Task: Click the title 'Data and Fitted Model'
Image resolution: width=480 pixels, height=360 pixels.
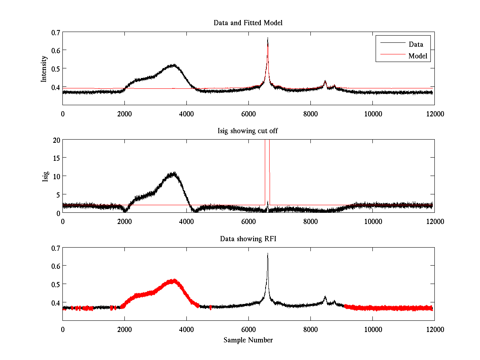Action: pos(248,23)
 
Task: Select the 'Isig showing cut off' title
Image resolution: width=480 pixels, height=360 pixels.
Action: pos(248,131)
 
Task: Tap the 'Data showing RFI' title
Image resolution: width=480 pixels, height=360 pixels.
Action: pos(248,239)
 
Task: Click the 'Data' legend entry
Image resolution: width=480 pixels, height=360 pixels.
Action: pos(416,44)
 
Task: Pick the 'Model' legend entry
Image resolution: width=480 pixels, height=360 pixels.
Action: pos(418,56)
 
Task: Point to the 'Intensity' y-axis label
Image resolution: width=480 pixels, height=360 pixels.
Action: pos(44,68)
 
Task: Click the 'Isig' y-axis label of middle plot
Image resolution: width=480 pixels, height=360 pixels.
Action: pos(45,176)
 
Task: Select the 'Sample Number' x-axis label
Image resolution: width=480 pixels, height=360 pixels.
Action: pos(248,340)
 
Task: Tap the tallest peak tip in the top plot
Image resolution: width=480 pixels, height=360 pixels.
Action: pos(268,38)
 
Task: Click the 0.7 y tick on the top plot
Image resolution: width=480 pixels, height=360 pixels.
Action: pos(56,32)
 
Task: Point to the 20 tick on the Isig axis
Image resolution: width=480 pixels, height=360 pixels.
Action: pos(56,140)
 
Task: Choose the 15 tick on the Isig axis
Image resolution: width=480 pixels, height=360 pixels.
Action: pos(56,158)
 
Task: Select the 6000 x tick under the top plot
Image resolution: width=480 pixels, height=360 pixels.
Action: pos(248,114)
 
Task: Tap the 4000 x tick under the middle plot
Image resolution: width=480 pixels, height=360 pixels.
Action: pos(186,222)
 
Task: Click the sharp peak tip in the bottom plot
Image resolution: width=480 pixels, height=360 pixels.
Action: pos(268,253)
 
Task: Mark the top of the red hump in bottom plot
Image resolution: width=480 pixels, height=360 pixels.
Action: pos(173,280)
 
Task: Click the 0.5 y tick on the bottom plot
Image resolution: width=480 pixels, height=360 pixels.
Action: pos(56,284)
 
